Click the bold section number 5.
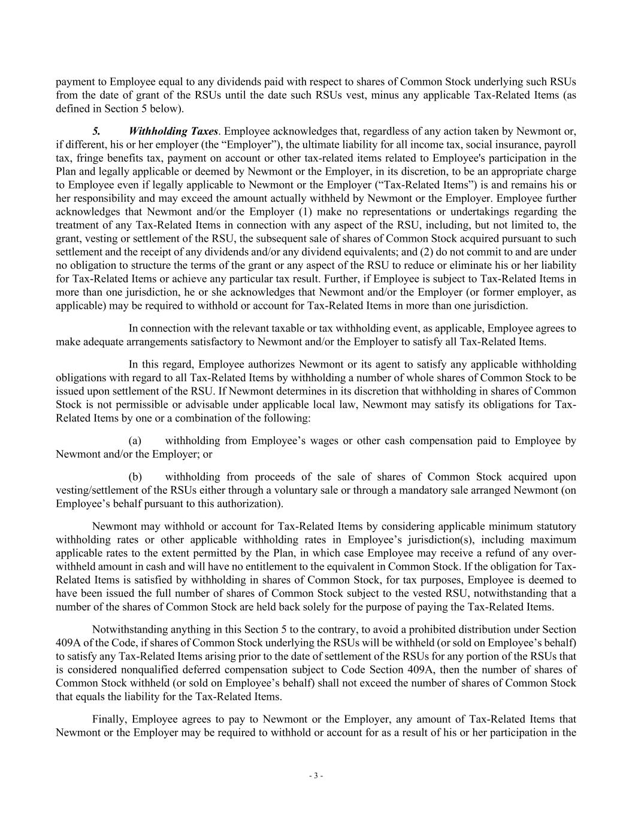96,131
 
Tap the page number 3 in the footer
316,776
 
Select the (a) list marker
135,441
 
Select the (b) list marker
135,477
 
